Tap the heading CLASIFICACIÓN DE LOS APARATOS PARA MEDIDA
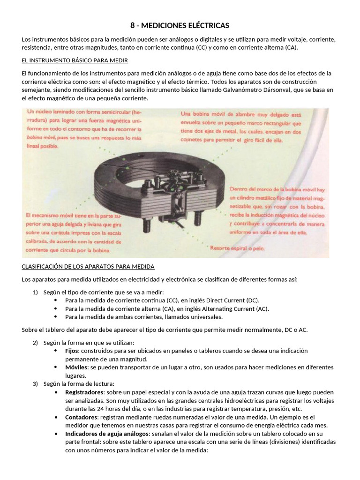[x=88, y=266]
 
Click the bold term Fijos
[x=72, y=351]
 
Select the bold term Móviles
[x=76, y=367]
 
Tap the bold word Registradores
[x=85, y=392]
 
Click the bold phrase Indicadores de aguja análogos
[x=107, y=434]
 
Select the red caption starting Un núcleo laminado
[x=84, y=129]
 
